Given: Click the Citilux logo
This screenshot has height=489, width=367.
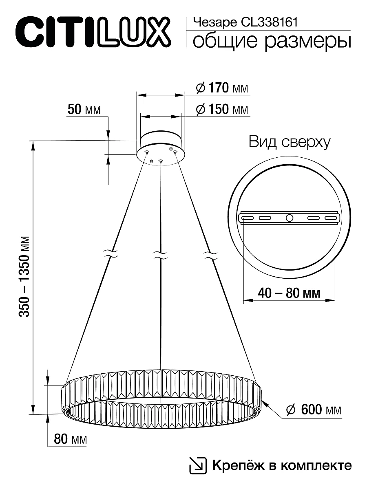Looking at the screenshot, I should (92, 31).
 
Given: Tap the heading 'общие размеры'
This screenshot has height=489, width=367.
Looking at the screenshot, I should (271, 42).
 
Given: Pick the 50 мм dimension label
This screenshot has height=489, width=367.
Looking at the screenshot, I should (84, 110).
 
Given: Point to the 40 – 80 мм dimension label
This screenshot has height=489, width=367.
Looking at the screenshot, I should (288, 293).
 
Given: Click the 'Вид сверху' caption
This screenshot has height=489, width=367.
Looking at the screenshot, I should (289, 142).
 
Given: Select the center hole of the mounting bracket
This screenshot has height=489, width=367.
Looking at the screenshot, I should (289, 218).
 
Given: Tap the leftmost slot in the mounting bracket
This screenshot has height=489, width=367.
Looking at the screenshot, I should (247, 218).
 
